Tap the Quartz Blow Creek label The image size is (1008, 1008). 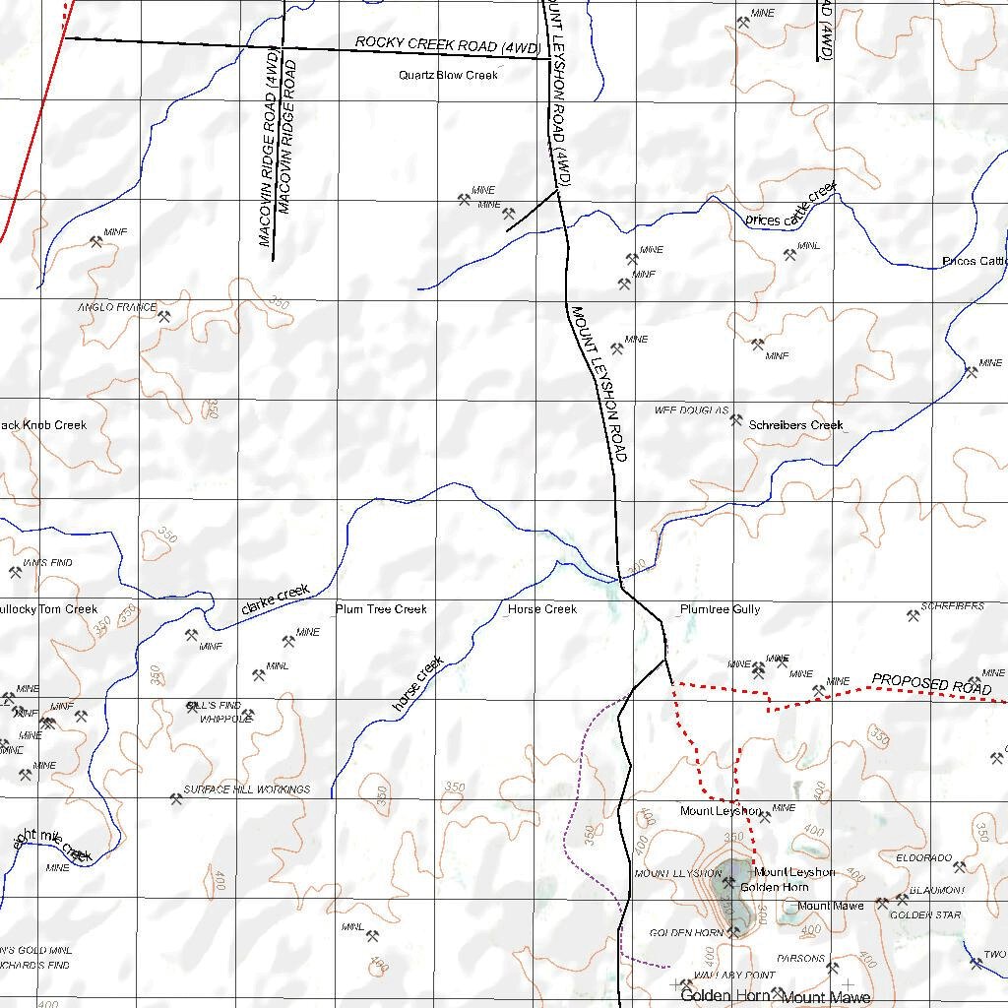[x=448, y=75]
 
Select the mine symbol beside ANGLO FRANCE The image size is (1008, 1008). [x=164, y=317]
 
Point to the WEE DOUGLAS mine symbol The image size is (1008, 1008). [x=735, y=420]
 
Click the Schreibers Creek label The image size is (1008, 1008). [x=795, y=425]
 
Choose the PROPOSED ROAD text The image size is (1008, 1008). [x=931, y=683]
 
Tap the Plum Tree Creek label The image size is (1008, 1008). [x=381, y=609]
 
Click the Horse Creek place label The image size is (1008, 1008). [x=541, y=609]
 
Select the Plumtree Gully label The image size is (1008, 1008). [x=720, y=609]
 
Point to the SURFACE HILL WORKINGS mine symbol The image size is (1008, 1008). [x=176, y=800]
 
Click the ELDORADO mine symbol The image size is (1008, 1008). [x=960, y=866]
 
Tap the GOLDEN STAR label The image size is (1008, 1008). [x=925, y=915]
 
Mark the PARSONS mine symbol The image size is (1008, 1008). [x=833, y=968]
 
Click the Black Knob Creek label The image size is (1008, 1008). [x=43, y=425]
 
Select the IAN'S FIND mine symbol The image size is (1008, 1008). [x=15, y=572]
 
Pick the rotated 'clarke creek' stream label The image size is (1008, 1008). [x=275, y=599]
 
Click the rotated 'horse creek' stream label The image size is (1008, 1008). [x=417, y=683]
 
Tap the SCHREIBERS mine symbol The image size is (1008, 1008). [x=912, y=616]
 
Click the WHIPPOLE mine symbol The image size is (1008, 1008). [x=247, y=715]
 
